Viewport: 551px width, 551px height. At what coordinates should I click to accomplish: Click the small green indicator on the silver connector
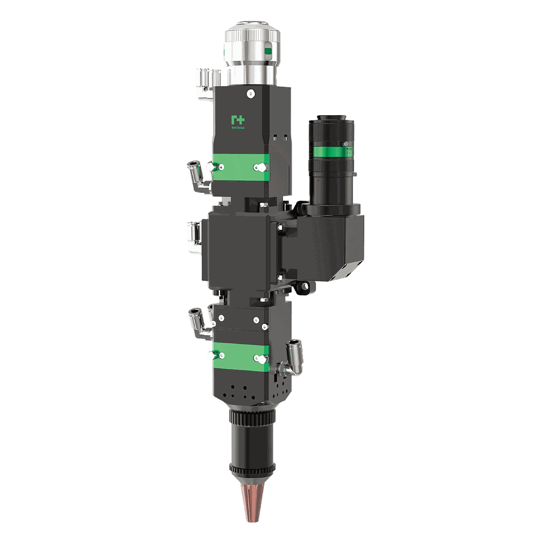(269, 52)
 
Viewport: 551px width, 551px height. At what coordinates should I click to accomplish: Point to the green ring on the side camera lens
(332, 150)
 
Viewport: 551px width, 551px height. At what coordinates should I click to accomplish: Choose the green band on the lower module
(240, 356)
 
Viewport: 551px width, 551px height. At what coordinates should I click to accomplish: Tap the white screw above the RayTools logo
(250, 94)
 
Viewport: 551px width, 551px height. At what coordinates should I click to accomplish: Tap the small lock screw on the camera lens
(344, 144)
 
